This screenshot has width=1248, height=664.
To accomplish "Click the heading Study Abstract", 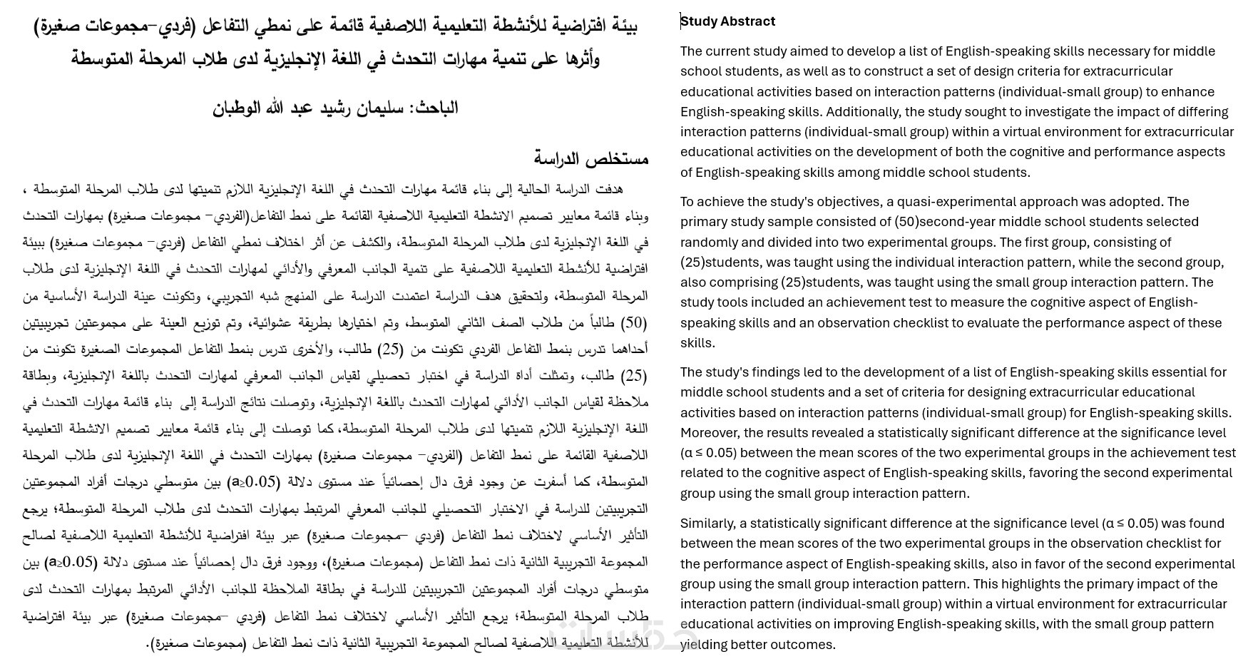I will (727, 21).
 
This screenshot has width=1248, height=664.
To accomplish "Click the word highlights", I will (1030, 584).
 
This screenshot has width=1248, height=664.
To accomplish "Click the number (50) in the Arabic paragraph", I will (634, 323).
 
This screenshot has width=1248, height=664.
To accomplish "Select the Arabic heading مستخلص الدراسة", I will (591, 158).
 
